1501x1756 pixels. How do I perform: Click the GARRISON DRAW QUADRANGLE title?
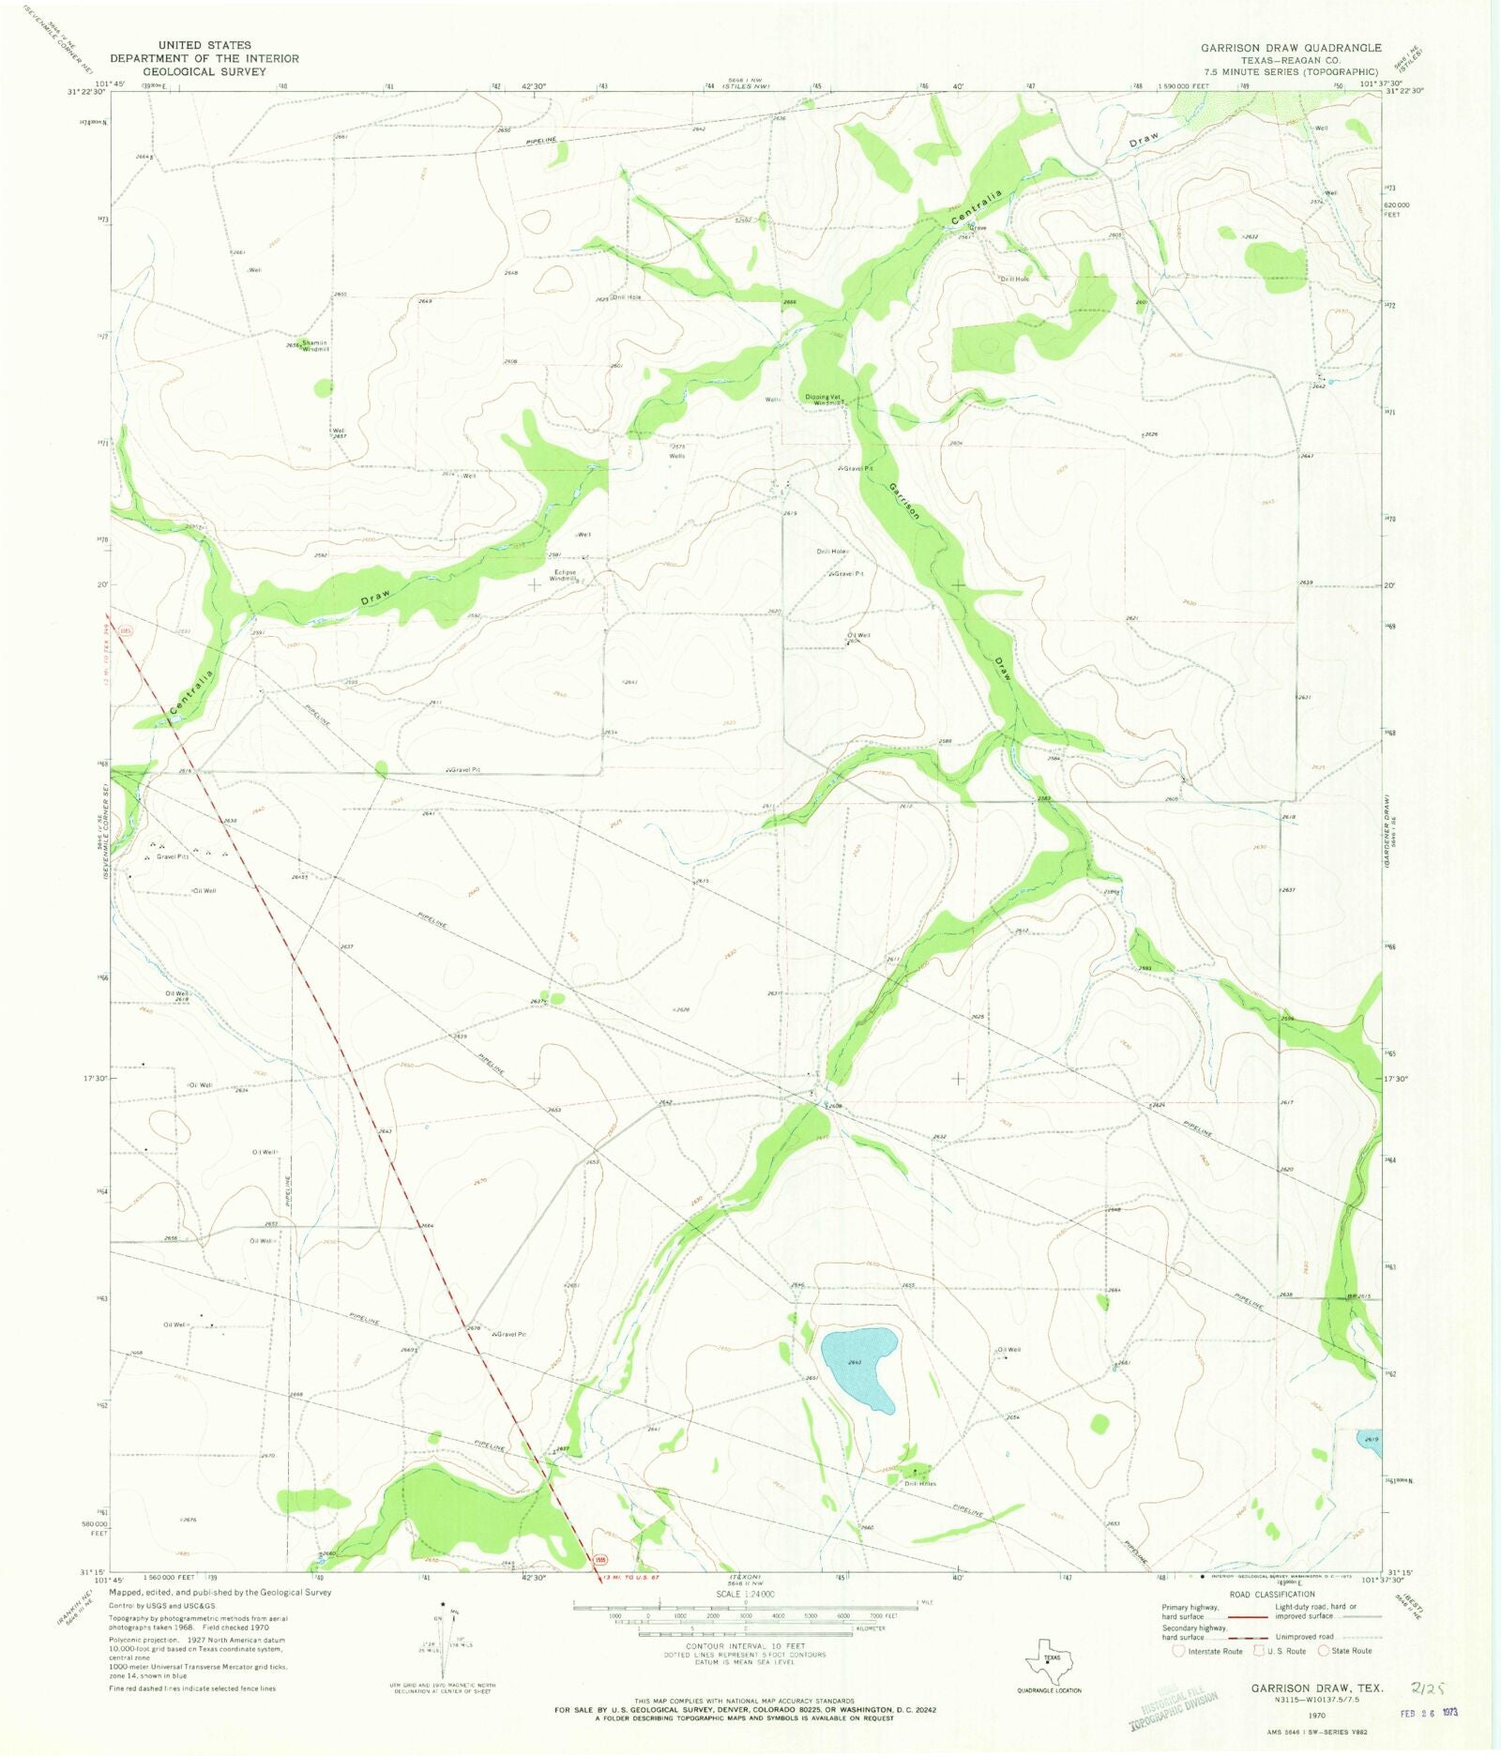click(x=1291, y=48)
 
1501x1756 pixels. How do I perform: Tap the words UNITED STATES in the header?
click(x=205, y=45)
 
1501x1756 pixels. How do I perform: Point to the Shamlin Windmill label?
click(x=313, y=346)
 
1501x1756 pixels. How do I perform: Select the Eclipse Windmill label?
click(x=565, y=575)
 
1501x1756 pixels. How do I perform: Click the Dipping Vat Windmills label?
click(x=825, y=399)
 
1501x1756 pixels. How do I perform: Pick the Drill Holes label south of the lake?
click(x=919, y=1483)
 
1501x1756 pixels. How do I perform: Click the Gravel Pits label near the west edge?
click(x=173, y=856)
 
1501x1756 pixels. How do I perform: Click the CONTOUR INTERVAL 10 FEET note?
click(x=745, y=1646)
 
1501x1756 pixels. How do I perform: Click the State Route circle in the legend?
click(x=1324, y=1651)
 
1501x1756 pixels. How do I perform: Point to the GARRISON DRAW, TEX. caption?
click(x=1317, y=1688)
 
